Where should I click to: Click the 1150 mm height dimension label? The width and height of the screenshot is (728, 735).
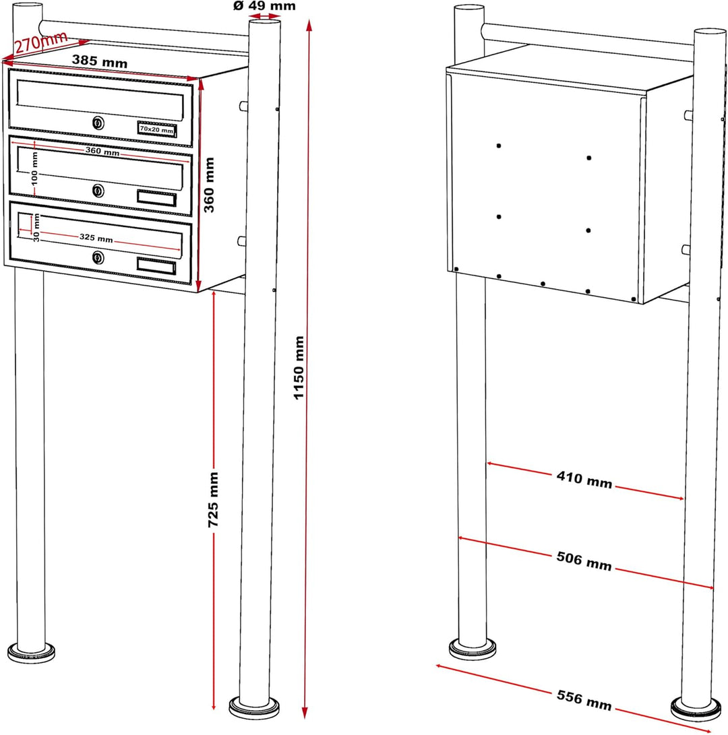point(299,368)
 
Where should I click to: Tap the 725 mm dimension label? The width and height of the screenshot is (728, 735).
point(214,499)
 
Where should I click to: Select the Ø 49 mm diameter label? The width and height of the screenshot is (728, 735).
point(264,5)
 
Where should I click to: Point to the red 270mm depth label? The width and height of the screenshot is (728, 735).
point(41,42)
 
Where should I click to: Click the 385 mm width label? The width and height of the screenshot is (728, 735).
point(100,61)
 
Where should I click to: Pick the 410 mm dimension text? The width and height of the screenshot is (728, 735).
point(584,480)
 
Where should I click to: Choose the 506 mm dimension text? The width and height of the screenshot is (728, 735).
point(584,561)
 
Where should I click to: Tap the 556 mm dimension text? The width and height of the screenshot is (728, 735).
point(584,701)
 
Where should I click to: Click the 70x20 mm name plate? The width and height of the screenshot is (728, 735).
point(156,129)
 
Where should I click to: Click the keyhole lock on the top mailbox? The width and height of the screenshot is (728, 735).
point(98,123)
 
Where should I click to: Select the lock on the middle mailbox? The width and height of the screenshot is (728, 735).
point(98,190)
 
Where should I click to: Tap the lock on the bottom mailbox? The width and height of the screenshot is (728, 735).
point(98,257)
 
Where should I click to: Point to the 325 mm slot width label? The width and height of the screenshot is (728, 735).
point(96,238)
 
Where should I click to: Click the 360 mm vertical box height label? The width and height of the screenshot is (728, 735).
point(209,185)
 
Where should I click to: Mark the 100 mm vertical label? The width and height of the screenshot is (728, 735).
point(34,168)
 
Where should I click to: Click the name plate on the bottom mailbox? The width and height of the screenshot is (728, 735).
point(156,265)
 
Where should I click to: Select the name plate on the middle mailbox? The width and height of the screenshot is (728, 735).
point(156,198)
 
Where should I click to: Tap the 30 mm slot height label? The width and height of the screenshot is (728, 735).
point(36,228)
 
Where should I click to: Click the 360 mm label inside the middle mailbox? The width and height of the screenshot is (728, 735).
point(102,151)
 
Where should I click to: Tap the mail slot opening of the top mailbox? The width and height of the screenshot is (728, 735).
point(100,100)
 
